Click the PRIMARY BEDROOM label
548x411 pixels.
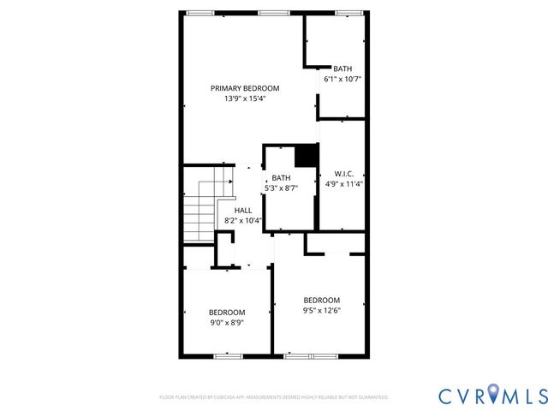(245, 87)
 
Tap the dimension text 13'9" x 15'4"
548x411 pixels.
(245, 98)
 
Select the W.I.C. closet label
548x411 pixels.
(344, 172)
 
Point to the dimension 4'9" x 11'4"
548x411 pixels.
(344, 183)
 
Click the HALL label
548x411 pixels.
(243, 210)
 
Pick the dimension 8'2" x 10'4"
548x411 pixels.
(243, 220)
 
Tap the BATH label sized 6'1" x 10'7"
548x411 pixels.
(342, 68)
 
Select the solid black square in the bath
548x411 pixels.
(306, 156)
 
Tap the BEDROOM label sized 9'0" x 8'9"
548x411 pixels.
(227, 313)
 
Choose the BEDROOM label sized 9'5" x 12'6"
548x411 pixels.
(321, 300)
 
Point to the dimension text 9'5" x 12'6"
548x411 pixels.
(321, 311)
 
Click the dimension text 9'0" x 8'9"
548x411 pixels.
(227, 323)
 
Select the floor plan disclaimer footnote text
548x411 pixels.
(274, 397)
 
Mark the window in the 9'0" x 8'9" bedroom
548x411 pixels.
(227, 355)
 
